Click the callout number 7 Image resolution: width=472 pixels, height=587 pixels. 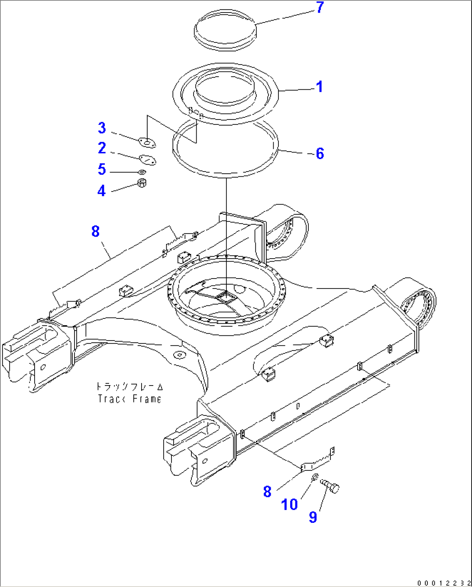(x=320, y=8)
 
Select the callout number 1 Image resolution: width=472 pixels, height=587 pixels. (x=319, y=87)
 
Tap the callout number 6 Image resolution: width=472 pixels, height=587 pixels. (x=320, y=153)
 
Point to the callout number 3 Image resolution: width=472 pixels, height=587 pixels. (x=102, y=128)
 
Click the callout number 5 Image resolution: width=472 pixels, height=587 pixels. (x=102, y=169)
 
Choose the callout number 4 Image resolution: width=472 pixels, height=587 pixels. (x=101, y=191)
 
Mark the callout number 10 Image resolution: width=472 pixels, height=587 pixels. (x=289, y=504)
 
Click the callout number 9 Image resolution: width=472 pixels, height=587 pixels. (x=313, y=517)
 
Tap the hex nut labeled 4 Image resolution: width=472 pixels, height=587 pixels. (x=142, y=183)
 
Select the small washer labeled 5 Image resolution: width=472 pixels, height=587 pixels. (x=142, y=172)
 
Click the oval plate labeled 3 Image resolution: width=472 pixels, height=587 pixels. (x=147, y=143)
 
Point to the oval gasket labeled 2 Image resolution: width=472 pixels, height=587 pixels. (x=147, y=160)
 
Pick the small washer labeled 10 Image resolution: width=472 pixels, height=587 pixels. (x=314, y=477)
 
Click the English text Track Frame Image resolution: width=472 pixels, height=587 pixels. (x=129, y=399)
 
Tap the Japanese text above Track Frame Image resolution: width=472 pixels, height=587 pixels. (x=129, y=386)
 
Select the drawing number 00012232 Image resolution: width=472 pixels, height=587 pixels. (x=444, y=582)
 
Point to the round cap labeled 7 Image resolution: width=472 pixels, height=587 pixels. (x=225, y=29)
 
